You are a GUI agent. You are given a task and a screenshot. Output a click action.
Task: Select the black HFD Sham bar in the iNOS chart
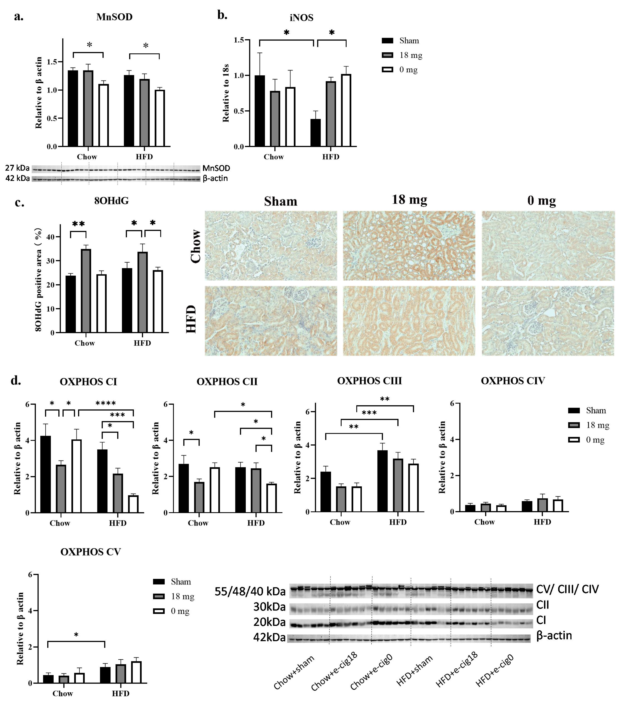[315, 133]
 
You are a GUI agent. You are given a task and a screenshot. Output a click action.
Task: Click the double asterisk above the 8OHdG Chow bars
[78, 224]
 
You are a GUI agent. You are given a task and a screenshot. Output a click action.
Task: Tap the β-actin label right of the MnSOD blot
[215, 178]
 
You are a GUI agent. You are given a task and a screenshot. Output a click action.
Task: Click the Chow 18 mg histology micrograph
[409, 246]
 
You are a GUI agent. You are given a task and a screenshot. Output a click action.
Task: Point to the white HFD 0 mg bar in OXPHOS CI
[133, 504]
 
